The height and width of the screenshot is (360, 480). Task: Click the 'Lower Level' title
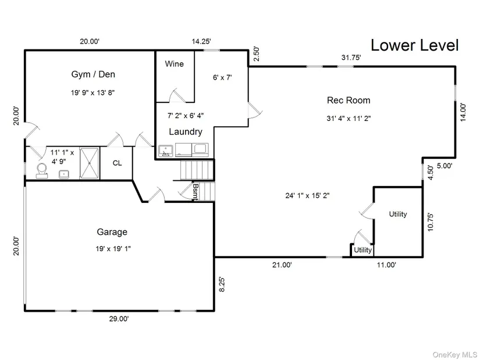pyautogui.click(x=414, y=45)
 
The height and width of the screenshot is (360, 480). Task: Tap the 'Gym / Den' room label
pyautogui.click(x=93, y=74)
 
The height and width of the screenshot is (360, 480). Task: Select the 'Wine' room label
pyautogui.click(x=174, y=63)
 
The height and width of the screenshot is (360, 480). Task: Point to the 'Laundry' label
pyautogui.click(x=186, y=131)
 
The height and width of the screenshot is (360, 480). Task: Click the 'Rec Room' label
pyautogui.click(x=349, y=100)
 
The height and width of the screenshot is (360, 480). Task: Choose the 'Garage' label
pyautogui.click(x=112, y=232)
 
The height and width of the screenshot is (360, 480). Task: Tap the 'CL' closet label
pyautogui.click(x=118, y=163)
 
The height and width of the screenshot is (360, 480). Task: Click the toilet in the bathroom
pyautogui.click(x=42, y=171)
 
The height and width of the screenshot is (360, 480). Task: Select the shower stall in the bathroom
pyautogui.click(x=90, y=163)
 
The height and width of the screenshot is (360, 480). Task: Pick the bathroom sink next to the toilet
pyautogui.click(x=64, y=174)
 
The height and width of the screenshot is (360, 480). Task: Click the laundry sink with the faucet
pyautogui.click(x=166, y=151)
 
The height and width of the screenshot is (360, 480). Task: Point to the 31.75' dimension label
pyautogui.click(x=351, y=57)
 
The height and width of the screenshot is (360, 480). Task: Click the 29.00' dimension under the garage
pyautogui.click(x=119, y=319)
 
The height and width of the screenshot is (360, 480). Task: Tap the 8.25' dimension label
pyautogui.click(x=222, y=284)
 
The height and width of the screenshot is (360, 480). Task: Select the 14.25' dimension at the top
pyautogui.click(x=201, y=41)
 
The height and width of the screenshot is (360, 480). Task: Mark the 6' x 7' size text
pyautogui.click(x=222, y=77)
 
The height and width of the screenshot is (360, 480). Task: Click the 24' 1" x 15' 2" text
pyautogui.click(x=307, y=195)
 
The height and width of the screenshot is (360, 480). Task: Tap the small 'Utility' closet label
pyautogui.click(x=362, y=250)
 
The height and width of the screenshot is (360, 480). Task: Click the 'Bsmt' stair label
pyautogui.click(x=195, y=192)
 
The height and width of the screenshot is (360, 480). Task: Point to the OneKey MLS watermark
pyautogui.click(x=454, y=355)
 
